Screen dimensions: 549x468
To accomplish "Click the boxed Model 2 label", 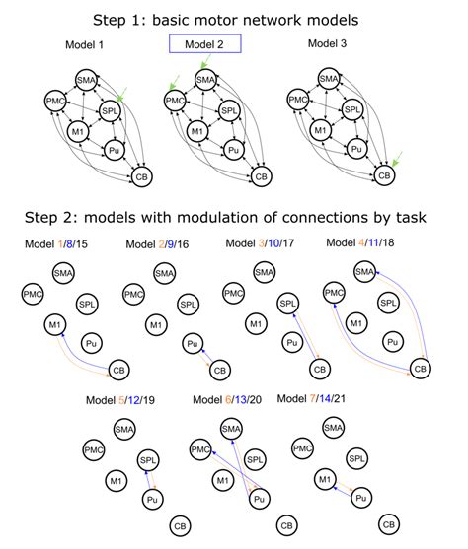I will click(204, 44).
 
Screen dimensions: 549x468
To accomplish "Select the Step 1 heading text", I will click(233, 17).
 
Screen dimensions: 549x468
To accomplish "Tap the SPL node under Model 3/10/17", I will click(288, 304).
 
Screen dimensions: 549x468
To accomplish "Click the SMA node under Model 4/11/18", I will click(363, 271).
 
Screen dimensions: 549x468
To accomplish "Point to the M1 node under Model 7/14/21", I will click(324, 479).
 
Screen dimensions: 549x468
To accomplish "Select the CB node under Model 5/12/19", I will click(180, 524).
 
